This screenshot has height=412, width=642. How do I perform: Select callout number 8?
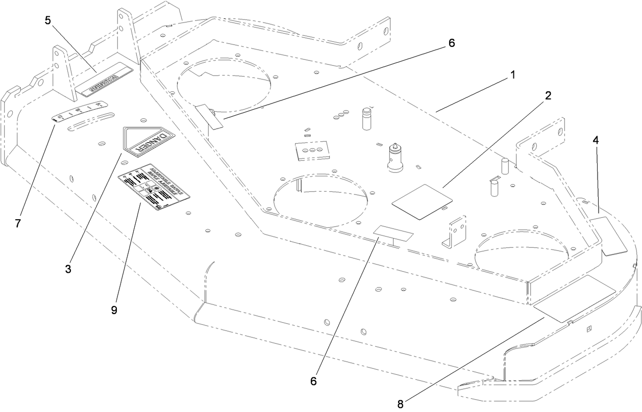(x=401, y=404)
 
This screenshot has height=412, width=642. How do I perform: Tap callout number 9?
(x=114, y=310)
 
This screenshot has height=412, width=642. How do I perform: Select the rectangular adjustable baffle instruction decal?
(x=154, y=188)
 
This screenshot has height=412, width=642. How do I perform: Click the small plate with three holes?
(x=312, y=150)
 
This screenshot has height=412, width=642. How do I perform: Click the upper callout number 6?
(x=451, y=43)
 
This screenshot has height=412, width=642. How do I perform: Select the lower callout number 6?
(x=314, y=380)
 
